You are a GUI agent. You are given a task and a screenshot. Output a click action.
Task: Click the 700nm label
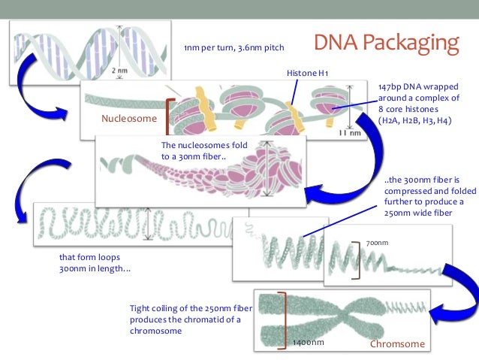(x=377, y=243)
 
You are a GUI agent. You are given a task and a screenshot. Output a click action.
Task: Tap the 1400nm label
(x=308, y=343)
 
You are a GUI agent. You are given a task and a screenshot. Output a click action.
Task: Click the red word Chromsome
(x=397, y=344)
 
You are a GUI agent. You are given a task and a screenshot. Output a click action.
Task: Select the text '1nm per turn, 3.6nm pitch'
(x=234, y=49)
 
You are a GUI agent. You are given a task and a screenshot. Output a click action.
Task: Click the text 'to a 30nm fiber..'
(x=193, y=156)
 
